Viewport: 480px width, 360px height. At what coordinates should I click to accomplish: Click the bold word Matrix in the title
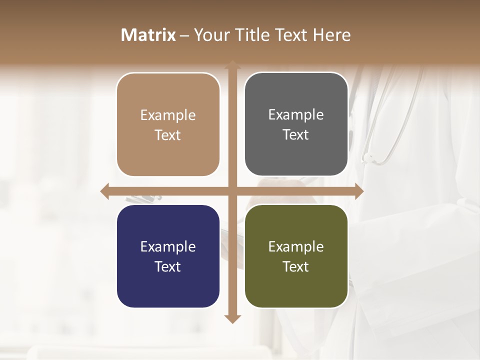pyautogui.click(x=148, y=35)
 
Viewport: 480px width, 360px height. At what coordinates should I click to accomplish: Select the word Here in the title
pyautogui.click(x=331, y=35)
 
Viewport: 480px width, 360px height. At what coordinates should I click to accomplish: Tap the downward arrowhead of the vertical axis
pyautogui.click(x=232, y=318)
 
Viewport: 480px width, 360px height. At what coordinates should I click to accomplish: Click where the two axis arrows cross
pyautogui.click(x=232, y=191)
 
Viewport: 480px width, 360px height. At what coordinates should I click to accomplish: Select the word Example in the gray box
pyautogui.click(x=296, y=115)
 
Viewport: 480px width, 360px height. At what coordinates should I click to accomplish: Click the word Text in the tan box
pyautogui.click(x=168, y=135)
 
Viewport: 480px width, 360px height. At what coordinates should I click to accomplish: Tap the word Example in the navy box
pyautogui.click(x=168, y=246)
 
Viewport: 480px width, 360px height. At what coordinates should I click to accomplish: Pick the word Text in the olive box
pyautogui.click(x=296, y=267)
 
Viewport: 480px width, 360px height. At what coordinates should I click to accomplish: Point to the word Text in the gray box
pyautogui.click(x=296, y=135)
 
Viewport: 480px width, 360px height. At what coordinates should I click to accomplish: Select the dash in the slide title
pyautogui.click(x=184, y=35)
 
